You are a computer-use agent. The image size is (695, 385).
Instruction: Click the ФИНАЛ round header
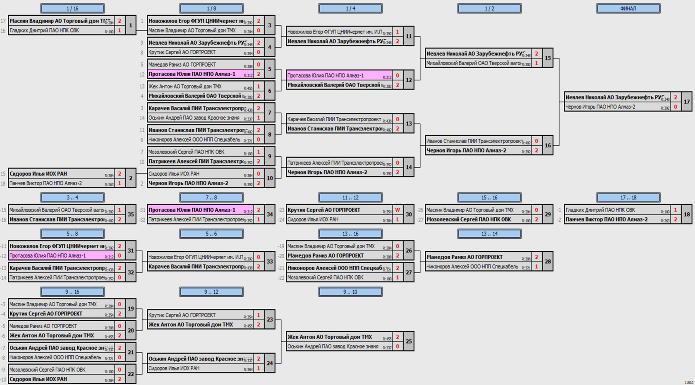coord(628,8)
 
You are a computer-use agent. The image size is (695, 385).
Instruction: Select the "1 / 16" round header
coord(72,8)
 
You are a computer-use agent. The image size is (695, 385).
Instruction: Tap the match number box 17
coord(687,102)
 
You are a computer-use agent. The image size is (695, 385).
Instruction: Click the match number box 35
coord(131,214)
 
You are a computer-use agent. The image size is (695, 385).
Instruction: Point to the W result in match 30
coord(398,210)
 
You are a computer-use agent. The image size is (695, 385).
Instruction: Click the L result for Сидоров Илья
coord(398,219)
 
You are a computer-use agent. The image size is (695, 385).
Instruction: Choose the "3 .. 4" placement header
coord(72,197)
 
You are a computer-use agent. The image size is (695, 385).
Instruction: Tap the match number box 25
coord(409,342)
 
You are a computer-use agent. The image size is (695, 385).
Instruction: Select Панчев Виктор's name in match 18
coord(606,219)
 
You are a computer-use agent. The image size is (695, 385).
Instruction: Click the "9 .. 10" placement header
coord(350,292)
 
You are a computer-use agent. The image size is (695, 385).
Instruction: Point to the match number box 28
coord(548,262)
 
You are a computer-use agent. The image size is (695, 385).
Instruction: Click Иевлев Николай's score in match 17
coord(676,97)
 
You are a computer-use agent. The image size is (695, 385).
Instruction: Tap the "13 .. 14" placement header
coord(489,234)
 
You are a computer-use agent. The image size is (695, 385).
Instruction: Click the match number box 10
coord(270,178)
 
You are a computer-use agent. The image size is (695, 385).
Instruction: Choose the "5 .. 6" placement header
coord(211,234)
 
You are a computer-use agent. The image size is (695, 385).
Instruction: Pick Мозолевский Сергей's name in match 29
coord(468,219)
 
